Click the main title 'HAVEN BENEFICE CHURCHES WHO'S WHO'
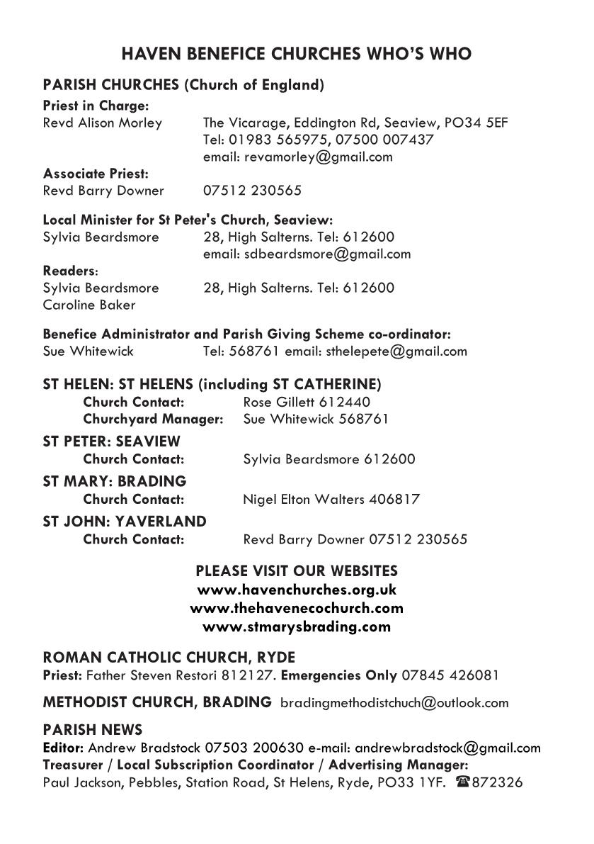(296, 54)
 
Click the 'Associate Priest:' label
(96, 174)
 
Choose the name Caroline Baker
(89, 305)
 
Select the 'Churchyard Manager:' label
(153, 419)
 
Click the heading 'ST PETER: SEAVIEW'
(112, 441)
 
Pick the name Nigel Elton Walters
(304, 500)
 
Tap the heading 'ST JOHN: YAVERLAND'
(125, 522)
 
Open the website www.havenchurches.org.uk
(296, 590)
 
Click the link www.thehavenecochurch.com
(296, 608)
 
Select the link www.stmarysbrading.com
(296, 626)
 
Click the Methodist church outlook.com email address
(394, 703)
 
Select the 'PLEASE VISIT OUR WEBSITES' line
(296, 570)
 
